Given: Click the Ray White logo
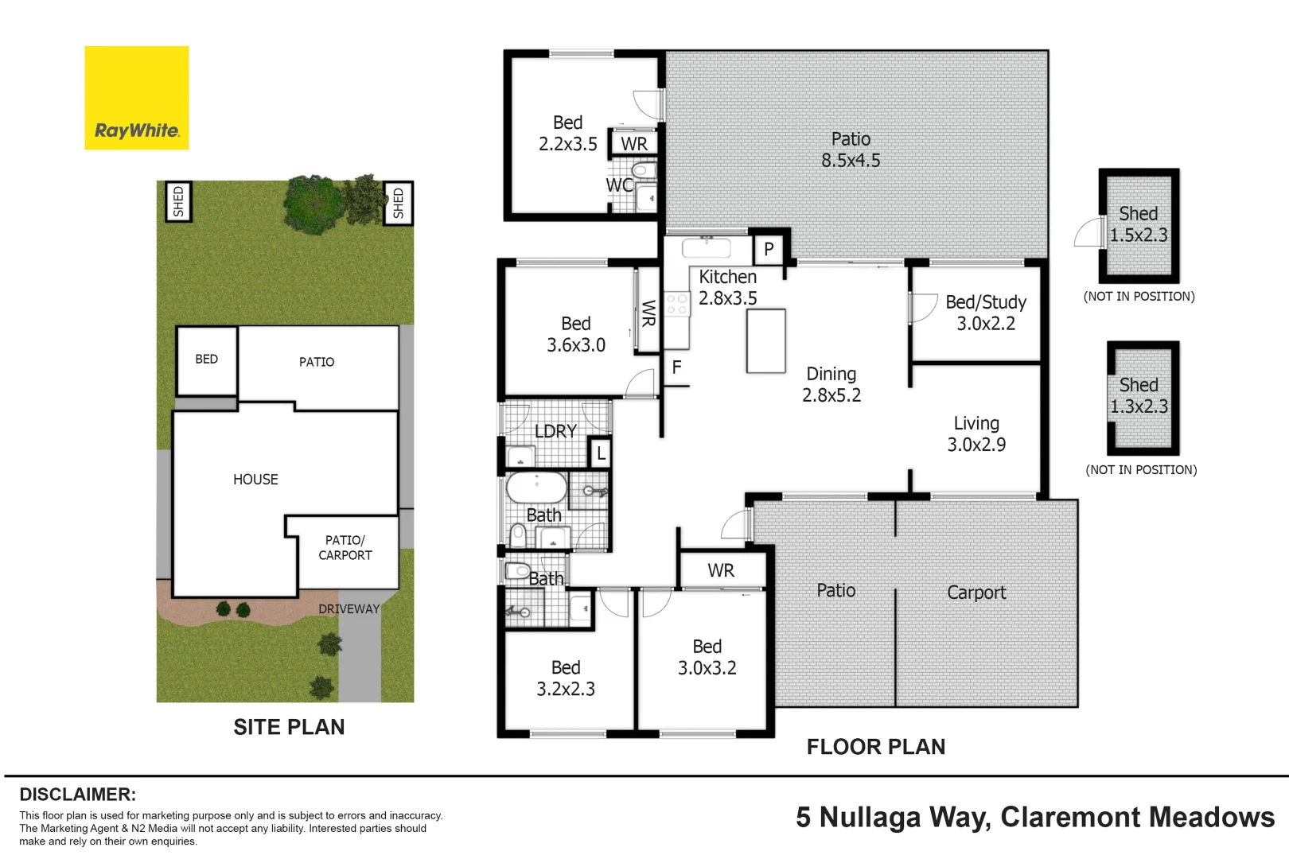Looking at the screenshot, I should point(137,98).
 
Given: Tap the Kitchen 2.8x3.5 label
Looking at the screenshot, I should point(727,287).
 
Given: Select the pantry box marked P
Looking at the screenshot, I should point(769,249).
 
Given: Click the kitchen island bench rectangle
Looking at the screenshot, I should point(765,340).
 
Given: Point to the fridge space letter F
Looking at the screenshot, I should point(677,367).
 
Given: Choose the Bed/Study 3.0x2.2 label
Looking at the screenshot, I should point(985,313).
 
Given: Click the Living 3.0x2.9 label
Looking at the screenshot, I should point(976,433).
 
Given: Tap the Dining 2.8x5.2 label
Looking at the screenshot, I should point(831,384).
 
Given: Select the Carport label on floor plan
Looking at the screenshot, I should point(976,593).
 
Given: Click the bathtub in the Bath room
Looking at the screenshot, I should point(536,487).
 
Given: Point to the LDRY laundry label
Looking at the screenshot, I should point(555,431).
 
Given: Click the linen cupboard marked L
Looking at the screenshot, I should point(601,453).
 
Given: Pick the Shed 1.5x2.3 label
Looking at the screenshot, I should point(1139,224).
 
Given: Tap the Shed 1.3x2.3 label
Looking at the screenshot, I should point(1139,395).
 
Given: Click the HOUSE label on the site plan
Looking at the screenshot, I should point(255,480).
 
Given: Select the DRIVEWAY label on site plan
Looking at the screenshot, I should point(349,608).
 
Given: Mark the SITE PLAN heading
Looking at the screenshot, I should point(289,727).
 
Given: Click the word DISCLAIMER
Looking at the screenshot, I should point(77,794).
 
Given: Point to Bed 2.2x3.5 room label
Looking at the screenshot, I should point(567,133).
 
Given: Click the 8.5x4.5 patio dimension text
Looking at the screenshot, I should point(851,161).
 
